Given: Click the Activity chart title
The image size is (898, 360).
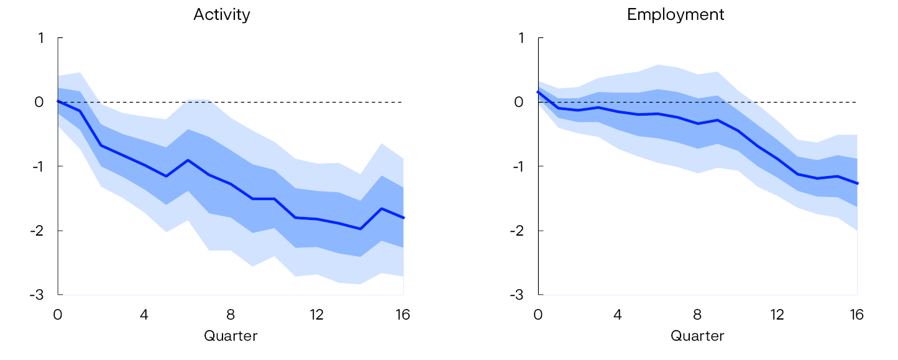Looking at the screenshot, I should click(x=222, y=15).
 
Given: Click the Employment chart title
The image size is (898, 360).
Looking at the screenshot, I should click(x=676, y=15).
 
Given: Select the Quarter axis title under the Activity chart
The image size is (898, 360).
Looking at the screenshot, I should click(x=231, y=336).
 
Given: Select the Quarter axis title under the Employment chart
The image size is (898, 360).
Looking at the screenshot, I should click(x=697, y=336).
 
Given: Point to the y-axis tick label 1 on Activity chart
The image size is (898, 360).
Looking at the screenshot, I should click(x=41, y=38).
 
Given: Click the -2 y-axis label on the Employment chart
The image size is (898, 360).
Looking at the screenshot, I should click(x=516, y=231).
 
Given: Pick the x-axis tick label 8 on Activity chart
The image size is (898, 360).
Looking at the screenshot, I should click(x=231, y=315).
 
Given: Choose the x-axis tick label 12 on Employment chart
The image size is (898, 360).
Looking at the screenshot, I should click(x=777, y=315).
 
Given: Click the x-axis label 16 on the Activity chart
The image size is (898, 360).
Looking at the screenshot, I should click(x=403, y=315).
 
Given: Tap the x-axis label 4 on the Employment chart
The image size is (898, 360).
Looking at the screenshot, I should click(x=618, y=315).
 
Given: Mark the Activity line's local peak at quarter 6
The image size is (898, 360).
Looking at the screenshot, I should click(x=188, y=160).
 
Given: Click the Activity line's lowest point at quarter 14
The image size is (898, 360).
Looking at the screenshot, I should click(x=360, y=229).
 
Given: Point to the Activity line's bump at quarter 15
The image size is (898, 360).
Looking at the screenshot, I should click(x=382, y=208).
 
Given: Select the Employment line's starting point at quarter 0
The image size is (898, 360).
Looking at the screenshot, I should click(x=538, y=91).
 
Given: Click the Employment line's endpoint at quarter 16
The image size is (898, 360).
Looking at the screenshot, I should click(x=857, y=183).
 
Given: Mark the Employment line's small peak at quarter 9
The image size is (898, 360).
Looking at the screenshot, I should click(x=718, y=120).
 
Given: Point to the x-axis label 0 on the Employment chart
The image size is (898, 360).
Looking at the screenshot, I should click(x=538, y=315).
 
